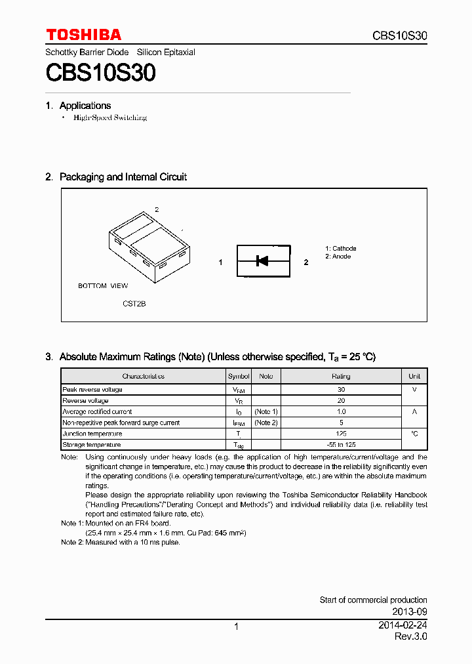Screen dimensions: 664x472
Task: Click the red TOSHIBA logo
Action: (x=83, y=35)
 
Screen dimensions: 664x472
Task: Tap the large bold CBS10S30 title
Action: (x=100, y=73)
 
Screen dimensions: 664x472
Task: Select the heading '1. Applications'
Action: (x=79, y=106)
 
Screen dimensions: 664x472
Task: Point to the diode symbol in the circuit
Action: (x=262, y=261)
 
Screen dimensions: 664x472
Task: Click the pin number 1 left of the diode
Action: (x=221, y=262)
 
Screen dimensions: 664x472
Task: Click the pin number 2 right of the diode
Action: (x=305, y=262)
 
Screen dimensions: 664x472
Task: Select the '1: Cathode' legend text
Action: (x=341, y=249)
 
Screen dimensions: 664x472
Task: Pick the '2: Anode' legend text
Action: (x=338, y=257)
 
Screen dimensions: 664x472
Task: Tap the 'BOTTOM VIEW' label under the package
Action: (x=103, y=286)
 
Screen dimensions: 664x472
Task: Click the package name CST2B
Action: (x=134, y=304)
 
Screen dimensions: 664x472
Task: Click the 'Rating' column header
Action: (x=341, y=377)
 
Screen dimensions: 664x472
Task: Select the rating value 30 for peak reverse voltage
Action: (x=341, y=390)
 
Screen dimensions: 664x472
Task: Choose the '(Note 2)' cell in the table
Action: (x=266, y=423)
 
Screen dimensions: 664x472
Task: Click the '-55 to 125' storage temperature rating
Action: (x=341, y=445)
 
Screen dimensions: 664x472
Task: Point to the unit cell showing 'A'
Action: (x=414, y=411)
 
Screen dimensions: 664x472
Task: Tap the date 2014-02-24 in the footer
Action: (x=403, y=626)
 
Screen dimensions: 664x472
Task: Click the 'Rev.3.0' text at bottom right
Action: (x=410, y=637)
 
